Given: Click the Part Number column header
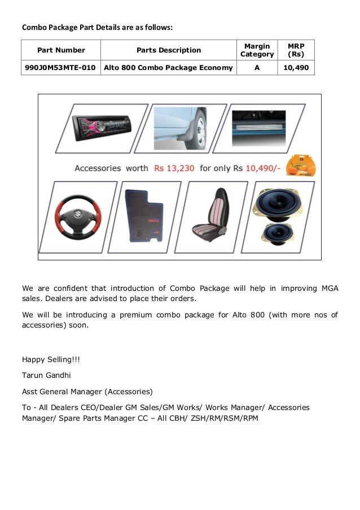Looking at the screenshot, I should [61, 50].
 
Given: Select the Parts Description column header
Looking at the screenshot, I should [169, 50].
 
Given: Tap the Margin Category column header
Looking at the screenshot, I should [257, 50].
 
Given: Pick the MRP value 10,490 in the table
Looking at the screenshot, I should [296, 68].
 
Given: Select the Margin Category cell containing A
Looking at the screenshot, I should [257, 68].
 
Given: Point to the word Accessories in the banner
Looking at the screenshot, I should [98, 168].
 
